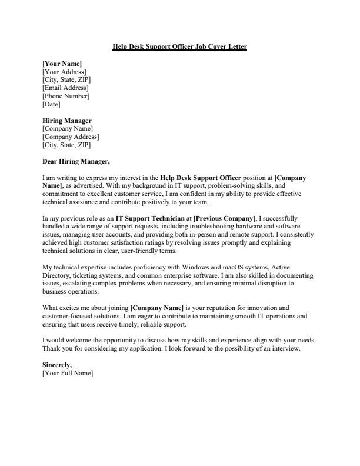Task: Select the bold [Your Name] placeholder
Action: [x=62, y=63]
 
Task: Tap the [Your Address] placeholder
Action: [x=65, y=71]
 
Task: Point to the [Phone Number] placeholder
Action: [x=66, y=96]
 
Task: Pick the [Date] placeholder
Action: [x=52, y=104]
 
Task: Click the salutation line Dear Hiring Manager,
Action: [x=76, y=160]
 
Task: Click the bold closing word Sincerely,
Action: [x=57, y=365]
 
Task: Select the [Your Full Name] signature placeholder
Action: [x=68, y=374]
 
